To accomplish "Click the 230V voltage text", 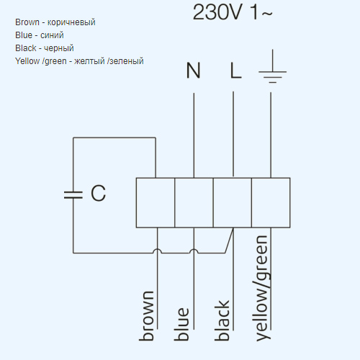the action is (x=217, y=12).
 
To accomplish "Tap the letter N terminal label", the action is (x=193, y=71).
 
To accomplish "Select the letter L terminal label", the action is (x=235, y=71).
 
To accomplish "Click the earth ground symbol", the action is (x=272, y=66).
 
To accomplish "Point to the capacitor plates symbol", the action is (x=73, y=195).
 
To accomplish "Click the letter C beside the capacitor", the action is (x=98, y=193).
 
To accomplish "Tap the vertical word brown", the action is (x=146, y=316).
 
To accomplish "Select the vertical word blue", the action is (x=181, y=324).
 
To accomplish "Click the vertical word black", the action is (x=222, y=320).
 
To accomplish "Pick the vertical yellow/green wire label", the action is (x=262, y=288).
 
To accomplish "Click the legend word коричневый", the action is (x=71, y=22).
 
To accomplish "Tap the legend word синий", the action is (x=52, y=35).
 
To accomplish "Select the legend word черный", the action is (x=59, y=48).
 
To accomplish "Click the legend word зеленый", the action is (x=125, y=61).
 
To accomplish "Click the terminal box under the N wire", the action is (x=194, y=202).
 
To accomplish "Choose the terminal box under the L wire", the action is (x=233, y=202).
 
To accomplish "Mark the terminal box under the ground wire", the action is (x=271, y=202).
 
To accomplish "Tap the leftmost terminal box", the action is (x=156, y=202).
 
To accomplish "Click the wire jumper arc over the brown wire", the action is (x=158, y=249).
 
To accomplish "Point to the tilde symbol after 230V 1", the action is (x=267, y=13).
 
